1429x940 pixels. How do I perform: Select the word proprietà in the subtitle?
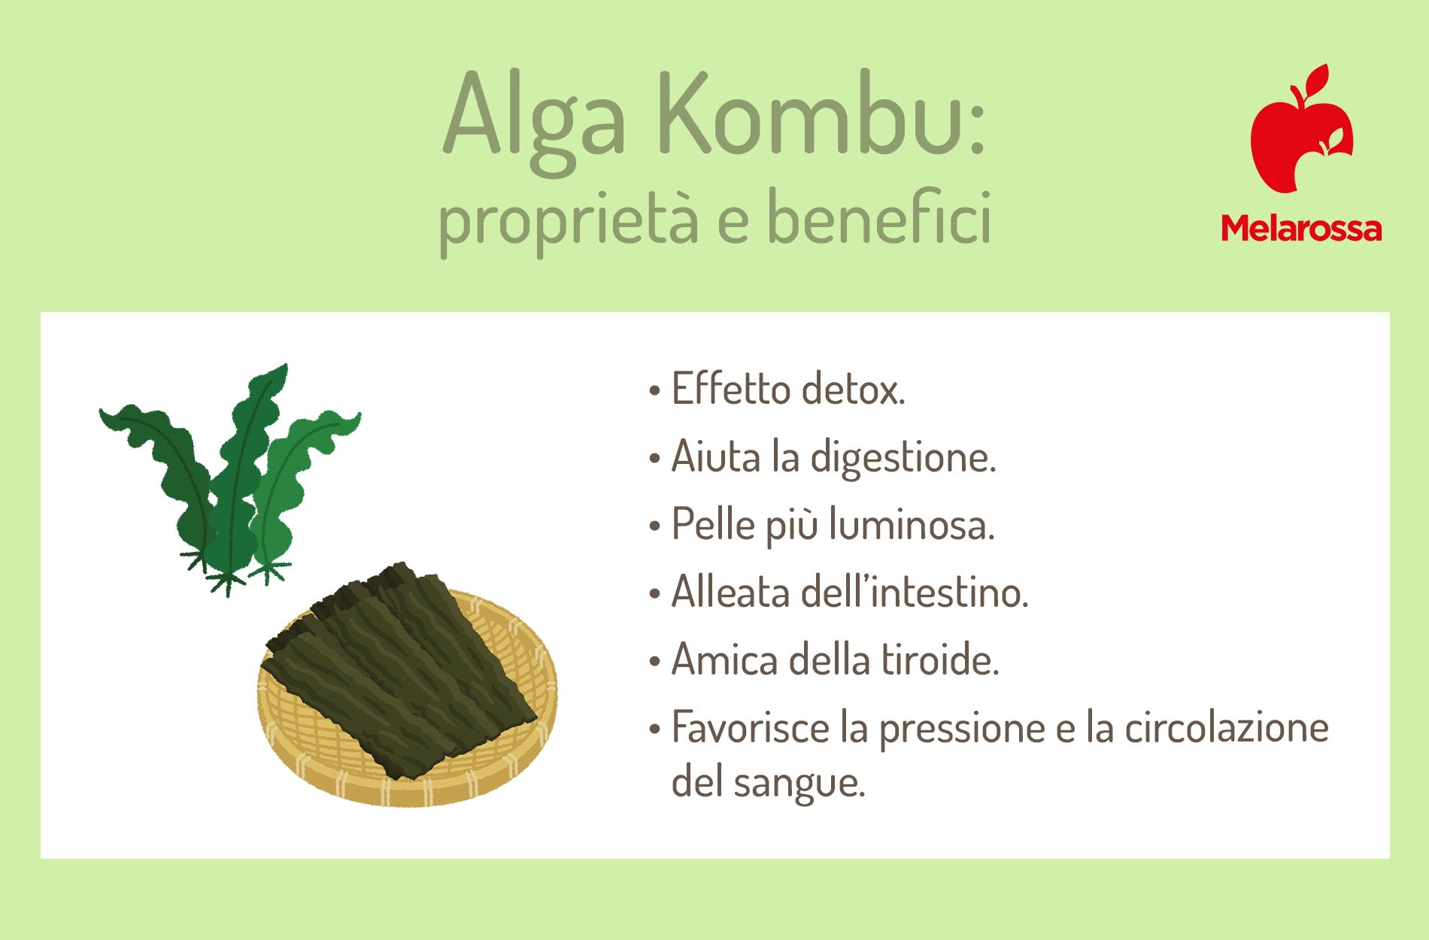tap(569, 219)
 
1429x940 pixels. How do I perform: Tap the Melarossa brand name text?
tap(1301, 228)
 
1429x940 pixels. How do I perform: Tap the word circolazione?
tap(1227, 728)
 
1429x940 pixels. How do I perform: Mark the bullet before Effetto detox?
tap(654, 391)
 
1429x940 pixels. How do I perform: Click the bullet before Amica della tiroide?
tap(654, 662)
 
